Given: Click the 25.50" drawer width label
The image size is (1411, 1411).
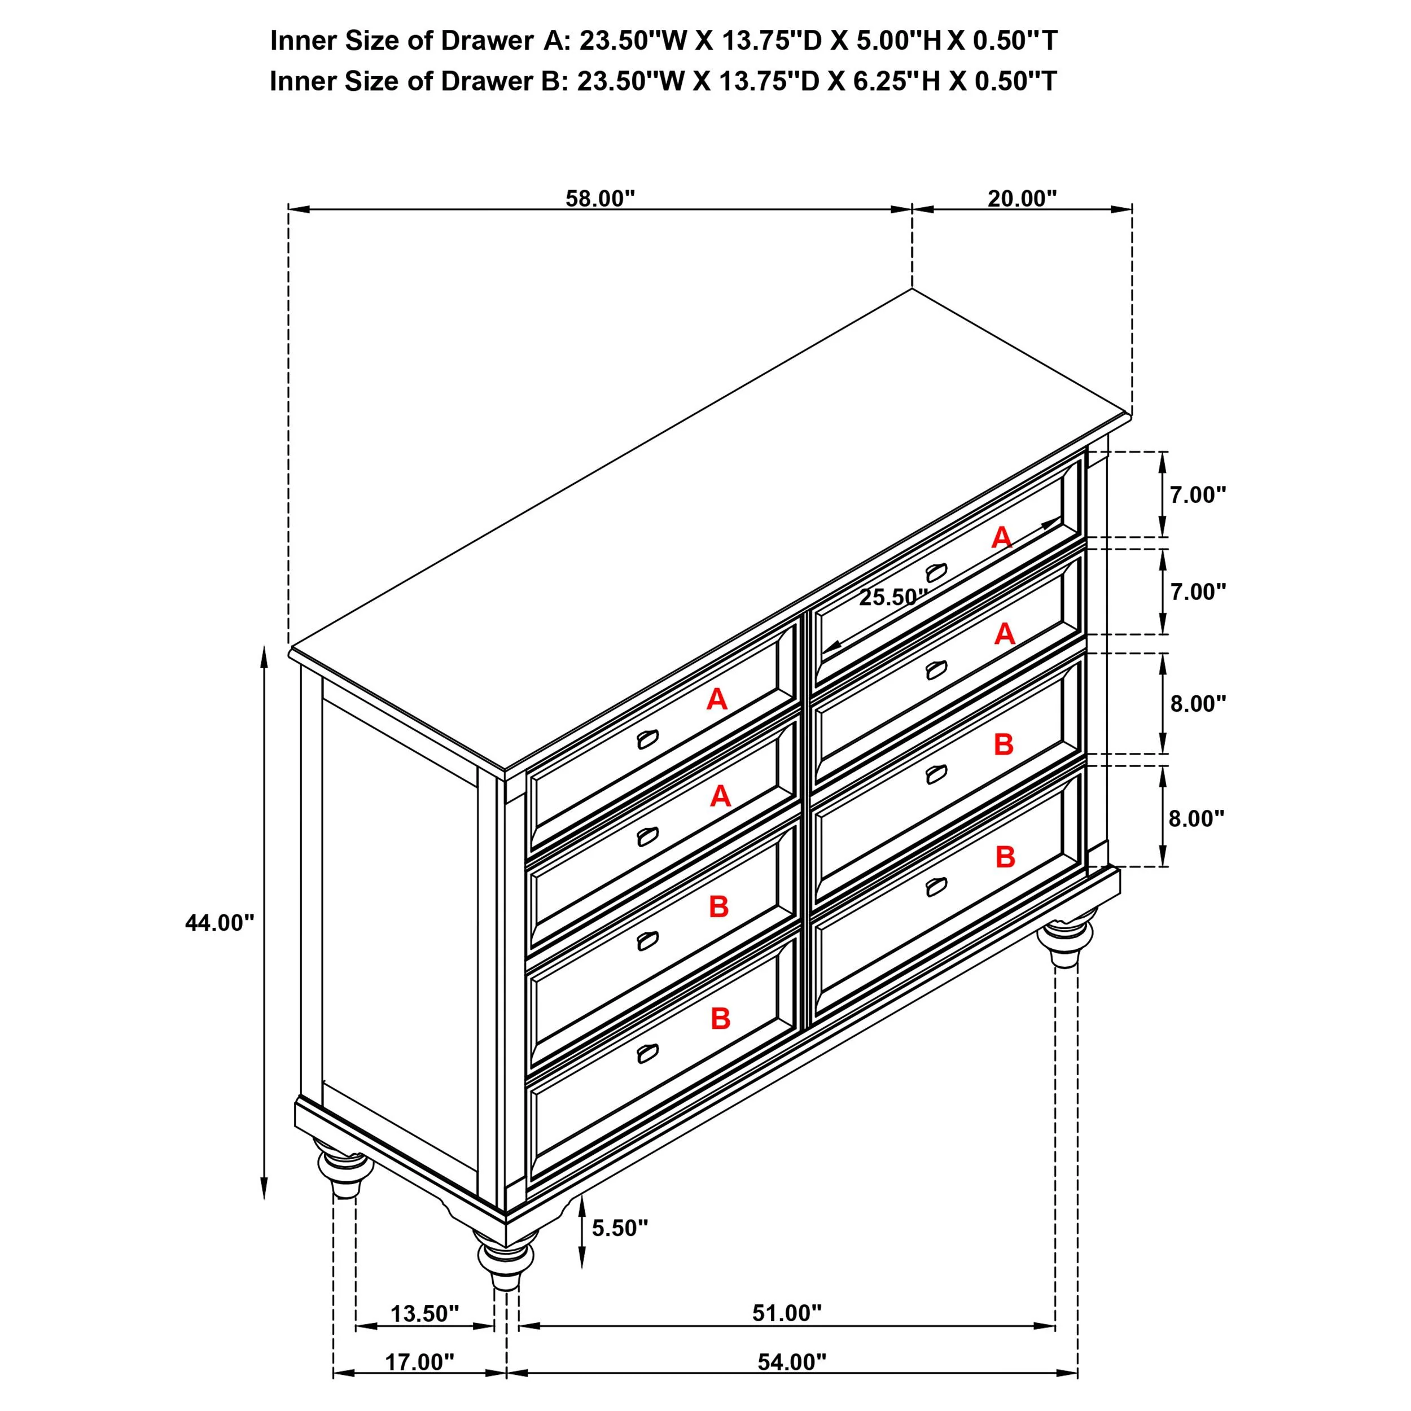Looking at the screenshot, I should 892,597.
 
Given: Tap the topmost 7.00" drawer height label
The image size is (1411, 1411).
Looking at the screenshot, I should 1198,495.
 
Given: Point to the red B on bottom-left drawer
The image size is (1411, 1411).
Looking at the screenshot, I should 720,1018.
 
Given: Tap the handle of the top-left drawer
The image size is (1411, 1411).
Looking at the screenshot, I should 647,740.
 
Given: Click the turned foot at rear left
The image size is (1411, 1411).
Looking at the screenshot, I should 343,1173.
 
